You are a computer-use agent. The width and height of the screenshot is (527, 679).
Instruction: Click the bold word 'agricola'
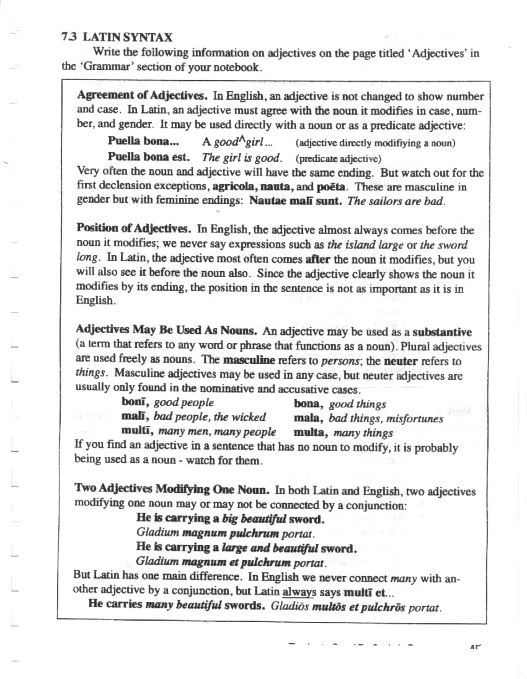(x=234, y=186)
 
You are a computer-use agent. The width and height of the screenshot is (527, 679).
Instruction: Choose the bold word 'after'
(x=317, y=260)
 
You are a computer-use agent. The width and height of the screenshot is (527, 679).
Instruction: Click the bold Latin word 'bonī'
(x=135, y=403)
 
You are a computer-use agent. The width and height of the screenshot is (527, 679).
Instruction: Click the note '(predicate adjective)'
(x=338, y=158)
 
